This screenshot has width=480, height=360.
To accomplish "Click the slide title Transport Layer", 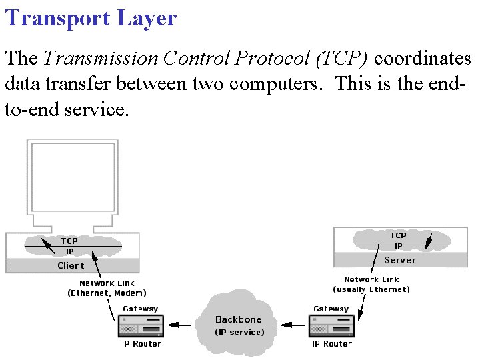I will tap(91, 18).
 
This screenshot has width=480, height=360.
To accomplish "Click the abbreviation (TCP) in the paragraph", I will tap(342, 59).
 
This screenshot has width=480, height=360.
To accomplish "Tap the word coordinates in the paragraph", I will tap(423, 59).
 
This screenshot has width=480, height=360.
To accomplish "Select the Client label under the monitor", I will tap(71, 265).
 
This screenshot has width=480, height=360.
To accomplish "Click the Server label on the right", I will tap(400, 260).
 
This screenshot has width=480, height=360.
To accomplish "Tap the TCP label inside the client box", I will tap(69, 241).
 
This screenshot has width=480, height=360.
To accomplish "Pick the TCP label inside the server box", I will tap(398, 235).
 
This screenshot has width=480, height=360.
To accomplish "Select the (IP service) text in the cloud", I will tap(239, 332).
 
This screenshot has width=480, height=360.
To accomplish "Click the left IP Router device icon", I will tap(141, 326).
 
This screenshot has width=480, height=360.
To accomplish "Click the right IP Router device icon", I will tap(331, 326).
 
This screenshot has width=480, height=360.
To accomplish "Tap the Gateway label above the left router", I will tap(141, 309).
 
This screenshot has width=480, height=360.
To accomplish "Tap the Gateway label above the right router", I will tap(331, 309).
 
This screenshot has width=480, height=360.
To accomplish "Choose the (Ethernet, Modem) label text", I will tap(107, 293).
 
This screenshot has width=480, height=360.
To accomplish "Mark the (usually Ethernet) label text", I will tap(371, 289).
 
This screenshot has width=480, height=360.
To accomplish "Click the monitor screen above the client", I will tap(71, 175).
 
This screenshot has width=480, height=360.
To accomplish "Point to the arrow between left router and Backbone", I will tap(179, 325).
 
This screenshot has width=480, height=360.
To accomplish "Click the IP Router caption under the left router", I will tap(141, 344).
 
